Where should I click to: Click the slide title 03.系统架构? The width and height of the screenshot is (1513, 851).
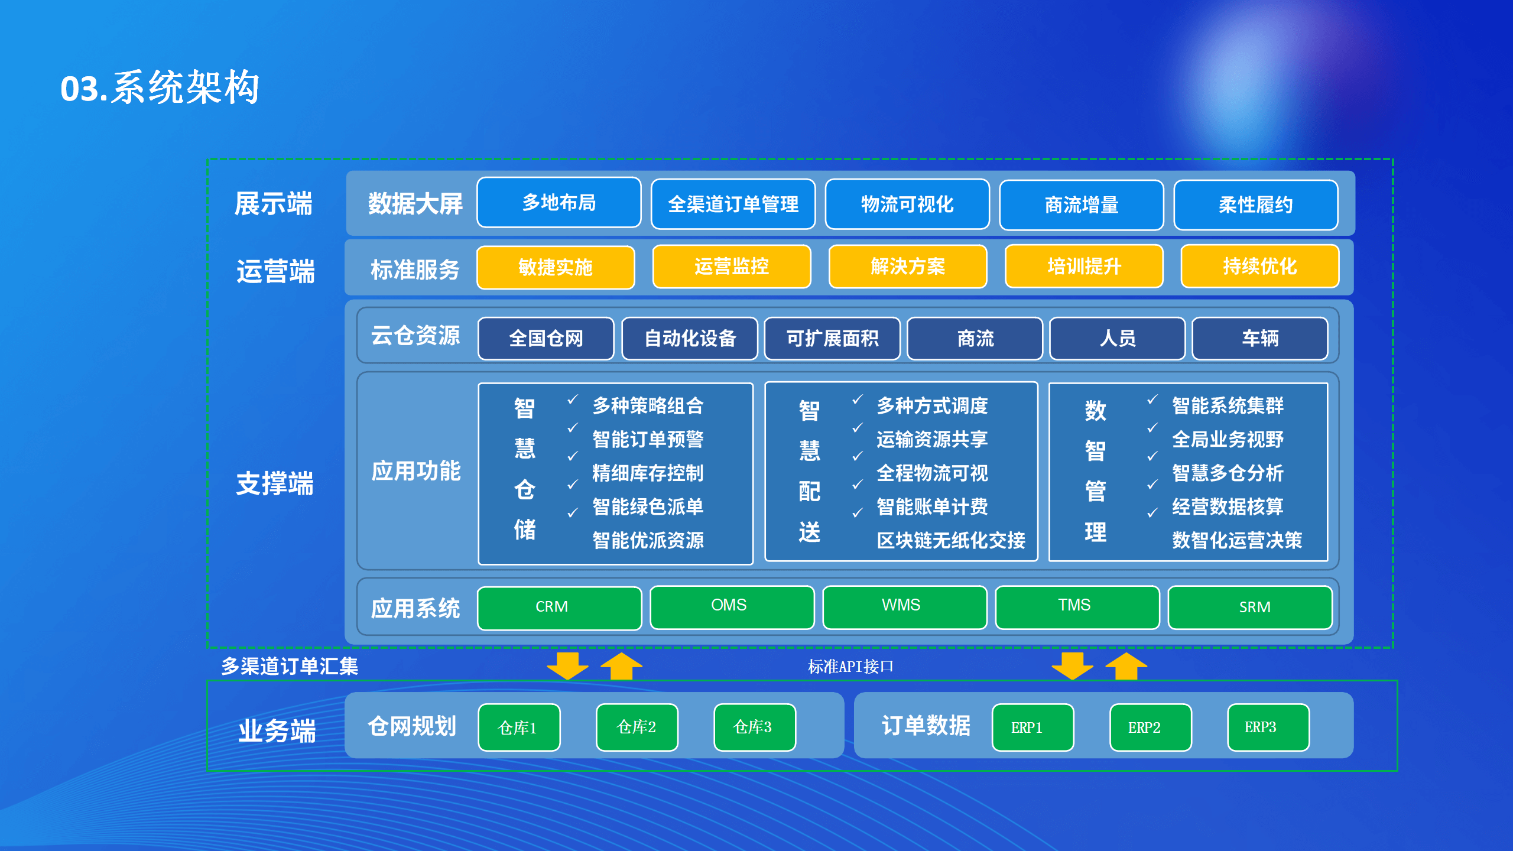click(160, 87)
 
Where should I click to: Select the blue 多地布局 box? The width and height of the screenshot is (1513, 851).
click(559, 203)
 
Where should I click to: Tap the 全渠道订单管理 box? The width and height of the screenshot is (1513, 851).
click(733, 204)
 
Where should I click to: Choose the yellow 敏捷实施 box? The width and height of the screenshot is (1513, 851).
click(556, 267)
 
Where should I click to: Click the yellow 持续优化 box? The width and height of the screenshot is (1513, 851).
click(1259, 267)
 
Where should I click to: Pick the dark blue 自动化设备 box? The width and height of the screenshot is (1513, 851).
click(690, 338)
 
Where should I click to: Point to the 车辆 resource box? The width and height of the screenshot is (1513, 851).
click(1260, 338)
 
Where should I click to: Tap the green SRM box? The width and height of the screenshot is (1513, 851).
click(1250, 608)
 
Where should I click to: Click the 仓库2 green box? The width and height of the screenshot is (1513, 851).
click(637, 727)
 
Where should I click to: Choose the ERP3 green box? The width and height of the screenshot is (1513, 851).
click(1268, 727)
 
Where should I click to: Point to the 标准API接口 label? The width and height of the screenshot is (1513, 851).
click(850, 667)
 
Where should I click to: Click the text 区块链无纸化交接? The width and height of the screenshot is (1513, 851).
click(951, 540)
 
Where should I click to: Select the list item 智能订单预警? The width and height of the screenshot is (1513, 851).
click(648, 439)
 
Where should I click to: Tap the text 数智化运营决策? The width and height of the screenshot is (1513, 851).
click(1237, 540)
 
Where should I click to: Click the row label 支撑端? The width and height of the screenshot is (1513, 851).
click(275, 483)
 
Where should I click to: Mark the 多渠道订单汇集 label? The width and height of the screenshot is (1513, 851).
click(290, 667)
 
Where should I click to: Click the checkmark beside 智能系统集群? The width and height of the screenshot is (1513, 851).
click(1152, 399)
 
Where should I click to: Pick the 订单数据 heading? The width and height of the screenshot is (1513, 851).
click(926, 726)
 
